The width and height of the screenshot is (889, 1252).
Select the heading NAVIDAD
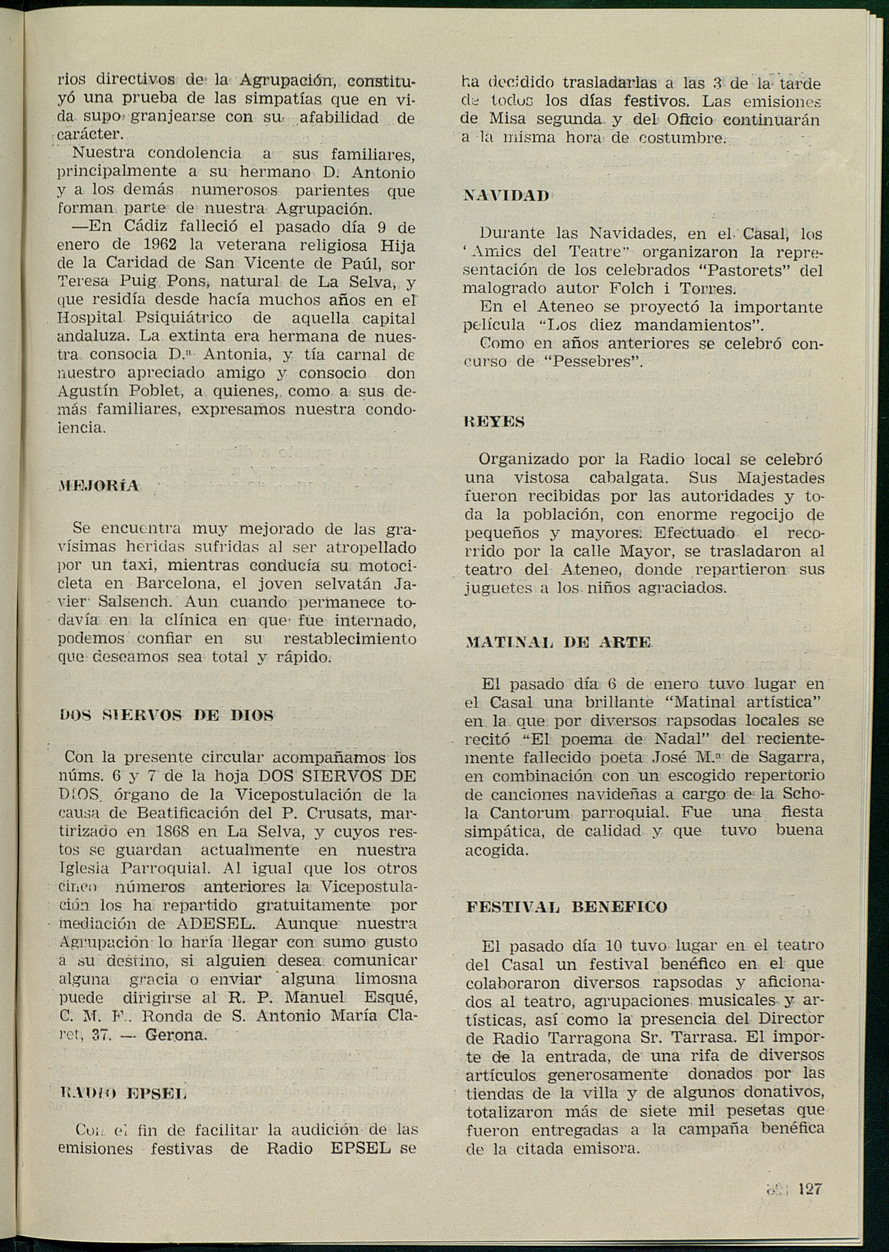click(x=506, y=196)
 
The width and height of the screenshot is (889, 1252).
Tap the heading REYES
click(x=494, y=422)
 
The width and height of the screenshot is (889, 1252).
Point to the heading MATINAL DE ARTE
click(x=558, y=642)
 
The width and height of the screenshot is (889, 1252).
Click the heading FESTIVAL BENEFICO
click(x=567, y=907)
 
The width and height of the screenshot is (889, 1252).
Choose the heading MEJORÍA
click(x=99, y=486)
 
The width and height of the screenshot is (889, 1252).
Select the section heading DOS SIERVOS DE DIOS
click(x=166, y=715)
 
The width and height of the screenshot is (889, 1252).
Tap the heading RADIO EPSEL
click(x=123, y=1094)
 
